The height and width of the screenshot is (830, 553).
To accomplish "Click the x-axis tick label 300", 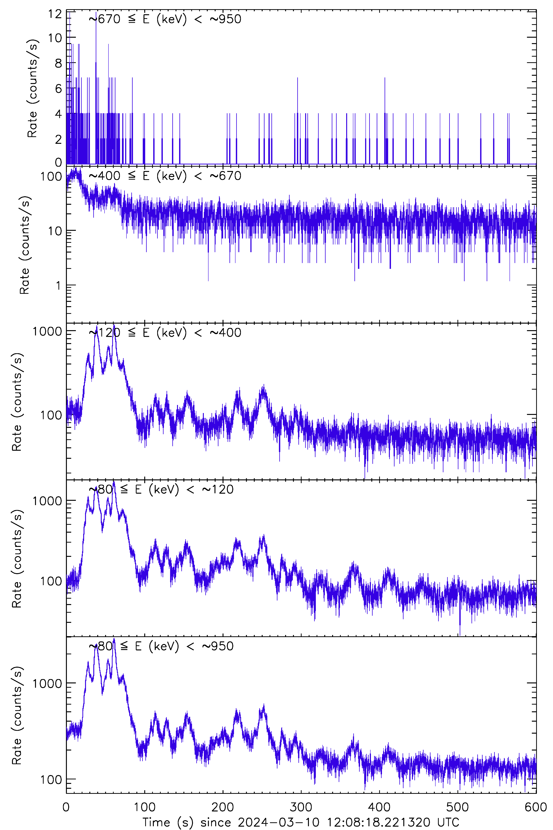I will pyautogui.click(x=301, y=807).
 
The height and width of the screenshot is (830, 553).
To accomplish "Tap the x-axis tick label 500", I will pyautogui.click(x=457, y=807).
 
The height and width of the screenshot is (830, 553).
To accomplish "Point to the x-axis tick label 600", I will pyautogui.click(x=535, y=807).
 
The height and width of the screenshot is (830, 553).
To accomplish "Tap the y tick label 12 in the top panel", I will pyautogui.click(x=55, y=14).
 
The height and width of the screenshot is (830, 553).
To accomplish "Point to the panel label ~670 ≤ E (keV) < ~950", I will pyautogui.click(x=165, y=19).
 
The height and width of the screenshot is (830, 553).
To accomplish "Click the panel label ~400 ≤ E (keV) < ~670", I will pyautogui.click(x=165, y=176).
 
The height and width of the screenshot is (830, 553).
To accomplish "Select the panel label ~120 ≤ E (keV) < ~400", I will pyautogui.click(x=165, y=332).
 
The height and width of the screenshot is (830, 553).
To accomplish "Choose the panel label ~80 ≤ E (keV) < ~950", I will pyautogui.click(x=161, y=646).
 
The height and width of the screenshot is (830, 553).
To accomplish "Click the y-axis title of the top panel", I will pyautogui.click(x=32, y=88).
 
